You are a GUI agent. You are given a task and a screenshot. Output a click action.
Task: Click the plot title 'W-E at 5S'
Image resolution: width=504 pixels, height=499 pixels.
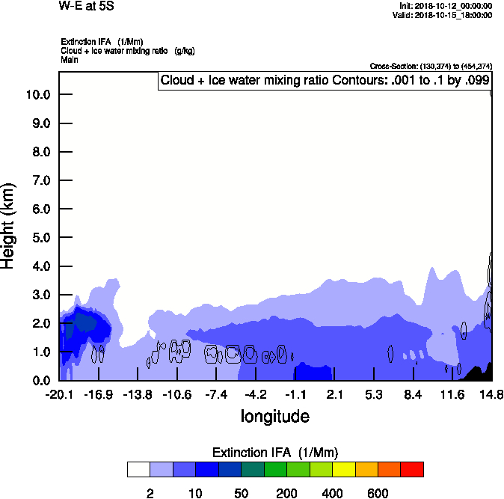pos(85,7)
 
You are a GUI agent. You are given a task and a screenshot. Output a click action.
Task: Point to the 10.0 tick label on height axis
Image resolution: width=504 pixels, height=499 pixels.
pos(37,95)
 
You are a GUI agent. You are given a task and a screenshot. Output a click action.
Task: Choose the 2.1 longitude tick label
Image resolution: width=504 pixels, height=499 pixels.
pos(334,394)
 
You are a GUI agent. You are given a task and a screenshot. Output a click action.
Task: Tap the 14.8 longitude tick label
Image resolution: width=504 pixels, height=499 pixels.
pos(491,394)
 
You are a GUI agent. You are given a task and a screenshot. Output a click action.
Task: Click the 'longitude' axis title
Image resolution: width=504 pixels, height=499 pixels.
pos(274,415)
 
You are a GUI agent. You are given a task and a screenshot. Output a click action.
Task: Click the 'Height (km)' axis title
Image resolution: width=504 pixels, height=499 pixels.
pos(8,225)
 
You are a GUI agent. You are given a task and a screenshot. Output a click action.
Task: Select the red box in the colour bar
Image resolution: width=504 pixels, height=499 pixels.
pos(411,469)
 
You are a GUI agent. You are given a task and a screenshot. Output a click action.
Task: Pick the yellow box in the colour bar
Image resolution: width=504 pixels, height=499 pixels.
pos(343,469)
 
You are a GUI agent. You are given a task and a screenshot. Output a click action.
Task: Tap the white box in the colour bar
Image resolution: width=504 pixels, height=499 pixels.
pos(138,469)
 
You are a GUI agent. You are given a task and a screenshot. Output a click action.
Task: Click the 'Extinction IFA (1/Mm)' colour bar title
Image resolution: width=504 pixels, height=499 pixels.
pos(275,453)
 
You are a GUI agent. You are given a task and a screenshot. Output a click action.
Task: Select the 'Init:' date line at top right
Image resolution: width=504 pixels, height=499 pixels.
pos(446,6)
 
